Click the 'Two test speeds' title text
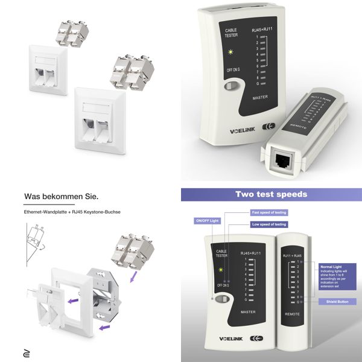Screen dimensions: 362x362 tap(271, 194)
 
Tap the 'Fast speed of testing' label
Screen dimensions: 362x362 tap(268, 213)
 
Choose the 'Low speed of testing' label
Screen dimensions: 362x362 tap(268, 224)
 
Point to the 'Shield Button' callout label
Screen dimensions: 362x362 tap(332, 299)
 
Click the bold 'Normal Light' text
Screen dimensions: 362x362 tap(332, 265)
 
